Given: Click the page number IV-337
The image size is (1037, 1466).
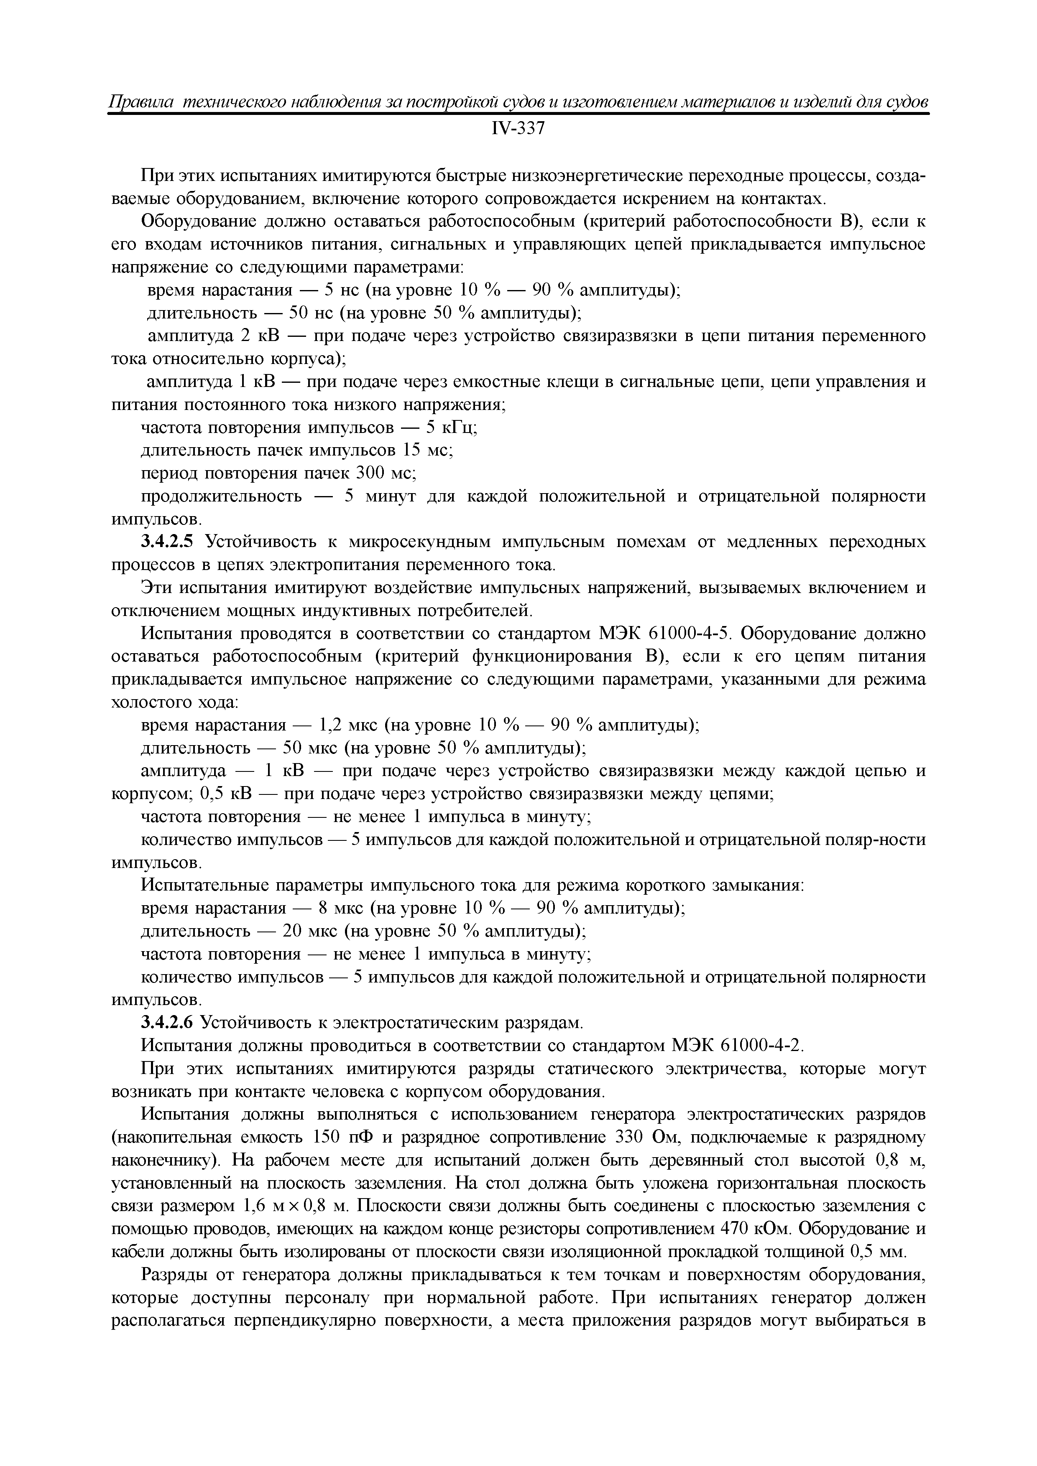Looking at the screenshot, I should click(x=518, y=129).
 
